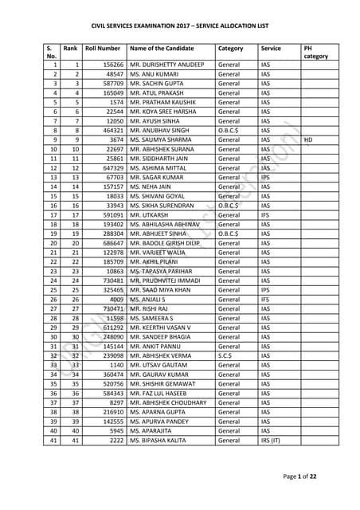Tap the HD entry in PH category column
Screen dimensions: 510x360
click(x=310, y=139)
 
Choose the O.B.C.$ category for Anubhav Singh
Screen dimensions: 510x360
click(x=231, y=130)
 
